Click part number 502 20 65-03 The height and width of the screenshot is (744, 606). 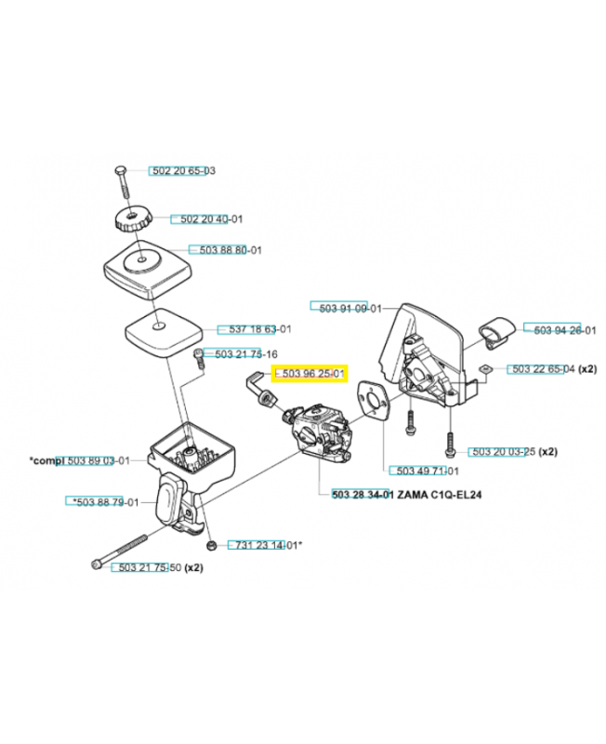[183, 171]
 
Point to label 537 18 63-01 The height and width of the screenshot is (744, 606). [254, 329]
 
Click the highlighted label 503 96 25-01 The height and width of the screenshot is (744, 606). [310, 374]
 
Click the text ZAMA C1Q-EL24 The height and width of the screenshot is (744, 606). [441, 496]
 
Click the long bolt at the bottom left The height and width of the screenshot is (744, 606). [121, 551]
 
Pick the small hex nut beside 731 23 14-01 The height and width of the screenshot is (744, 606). [211, 543]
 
